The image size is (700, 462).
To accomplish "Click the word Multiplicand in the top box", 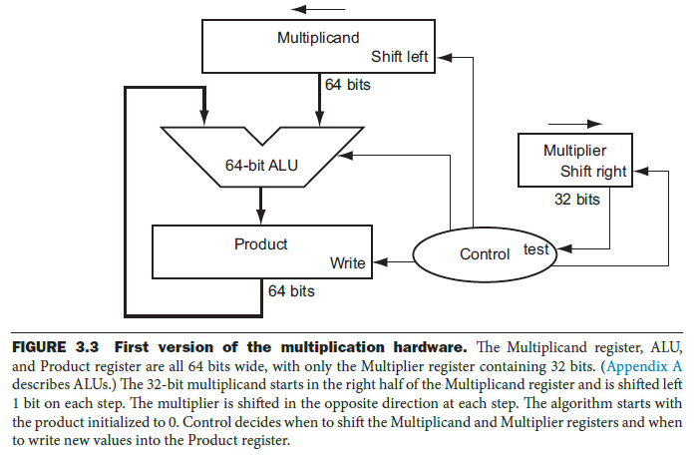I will [x=317, y=38].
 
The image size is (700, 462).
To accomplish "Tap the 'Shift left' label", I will [x=400, y=57].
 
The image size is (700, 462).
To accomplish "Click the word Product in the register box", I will [x=260, y=244].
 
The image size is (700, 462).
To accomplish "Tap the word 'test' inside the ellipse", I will [x=536, y=248].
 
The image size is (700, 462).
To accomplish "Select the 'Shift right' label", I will [x=593, y=171].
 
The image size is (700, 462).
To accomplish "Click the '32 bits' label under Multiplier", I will [x=576, y=199].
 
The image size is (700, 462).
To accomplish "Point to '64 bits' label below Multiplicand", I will [x=348, y=85].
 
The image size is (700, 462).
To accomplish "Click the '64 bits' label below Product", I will [x=291, y=291].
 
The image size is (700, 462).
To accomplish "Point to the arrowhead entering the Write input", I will [x=376, y=263].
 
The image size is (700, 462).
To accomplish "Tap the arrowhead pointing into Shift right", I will [x=637, y=171].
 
